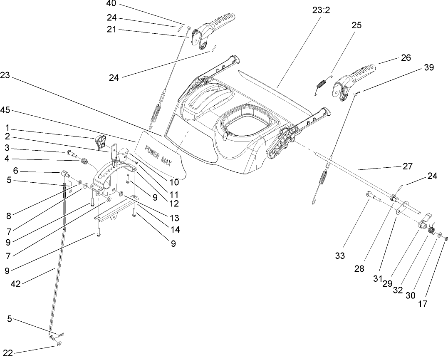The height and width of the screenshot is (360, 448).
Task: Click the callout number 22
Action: [x=8, y=353]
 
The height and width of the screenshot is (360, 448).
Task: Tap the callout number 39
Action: [x=428, y=67]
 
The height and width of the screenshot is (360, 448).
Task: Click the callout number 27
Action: [x=407, y=166]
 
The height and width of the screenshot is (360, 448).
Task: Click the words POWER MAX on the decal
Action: [x=158, y=154]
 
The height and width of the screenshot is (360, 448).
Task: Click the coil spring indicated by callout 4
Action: [x=85, y=160]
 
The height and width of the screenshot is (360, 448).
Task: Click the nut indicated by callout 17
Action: [x=445, y=239]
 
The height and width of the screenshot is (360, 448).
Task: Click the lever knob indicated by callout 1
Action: [x=101, y=142]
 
